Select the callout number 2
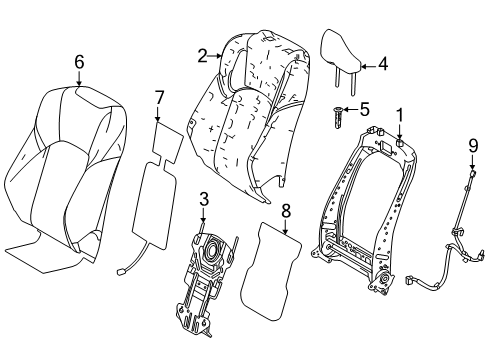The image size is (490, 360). tap(202, 56)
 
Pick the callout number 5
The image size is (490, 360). tap(365, 109)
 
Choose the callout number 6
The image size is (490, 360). tap(79, 62)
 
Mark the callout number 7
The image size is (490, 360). tap(157, 97)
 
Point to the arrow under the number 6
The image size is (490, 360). tap(79, 78)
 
